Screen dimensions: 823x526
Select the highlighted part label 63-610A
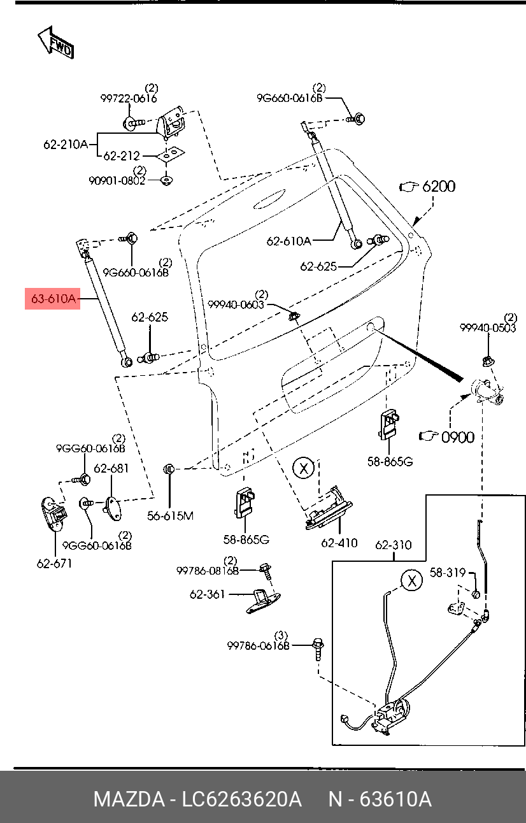pyautogui.click(x=53, y=298)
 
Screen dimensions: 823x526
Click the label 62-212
pyautogui.click(x=121, y=155)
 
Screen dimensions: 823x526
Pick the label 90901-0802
pyautogui.click(x=117, y=180)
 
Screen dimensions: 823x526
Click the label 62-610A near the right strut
pyautogui.click(x=288, y=241)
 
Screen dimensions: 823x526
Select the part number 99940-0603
pyautogui.click(x=236, y=304)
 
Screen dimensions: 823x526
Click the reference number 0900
pyautogui.click(x=458, y=437)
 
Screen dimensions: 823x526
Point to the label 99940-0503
pyautogui.click(x=488, y=327)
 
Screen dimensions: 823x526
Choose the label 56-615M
pyautogui.click(x=170, y=516)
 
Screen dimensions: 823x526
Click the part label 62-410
pyautogui.click(x=339, y=543)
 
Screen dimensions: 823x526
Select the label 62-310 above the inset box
pyautogui.click(x=393, y=545)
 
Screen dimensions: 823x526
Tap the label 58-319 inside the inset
pyautogui.click(x=447, y=573)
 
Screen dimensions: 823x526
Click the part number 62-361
pyautogui.click(x=207, y=594)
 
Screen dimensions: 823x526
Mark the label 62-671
pyautogui.click(x=54, y=563)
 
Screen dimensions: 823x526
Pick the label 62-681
pyautogui.click(x=111, y=468)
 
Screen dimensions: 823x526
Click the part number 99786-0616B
pyautogui.click(x=258, y=645)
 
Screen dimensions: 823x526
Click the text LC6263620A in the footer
pyautogui.click(x=241, y=799)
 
